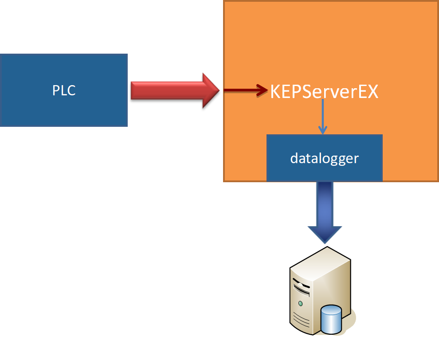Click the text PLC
(64, 90)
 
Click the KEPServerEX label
(324, 92)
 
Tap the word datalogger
(324, 158)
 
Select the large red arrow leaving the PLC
(173, 90)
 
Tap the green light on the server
(301, 303)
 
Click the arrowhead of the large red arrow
(211, 90)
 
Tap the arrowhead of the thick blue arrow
(325, 233)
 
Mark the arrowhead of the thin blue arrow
(323, 129)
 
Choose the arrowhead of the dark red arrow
(263, 90)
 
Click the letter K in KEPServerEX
(275, 92)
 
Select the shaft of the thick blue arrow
(325, 202)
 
